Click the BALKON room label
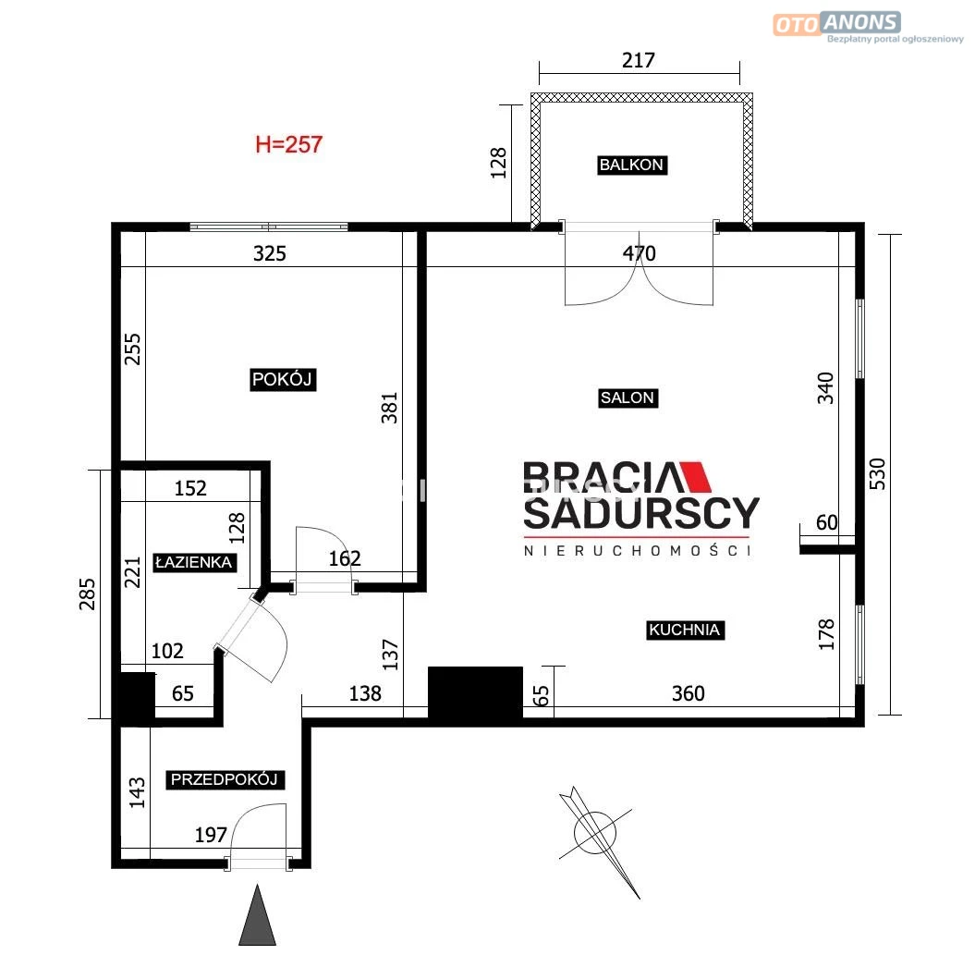(632, 165)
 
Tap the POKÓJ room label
(282, 379)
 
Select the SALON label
(628, 398)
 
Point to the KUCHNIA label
(685, 630)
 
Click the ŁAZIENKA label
(194, 562)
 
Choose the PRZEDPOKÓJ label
(225, 779)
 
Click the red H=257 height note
(288, 145)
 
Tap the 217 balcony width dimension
(639, 61)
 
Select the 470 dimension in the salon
(640, 253)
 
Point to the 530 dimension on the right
(878, 474)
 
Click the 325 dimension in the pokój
(270, 253)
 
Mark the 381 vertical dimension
(389, 408)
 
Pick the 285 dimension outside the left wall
(88, 594)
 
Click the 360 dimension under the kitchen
(688, 693)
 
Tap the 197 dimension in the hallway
(211, 835)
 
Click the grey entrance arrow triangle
(257, 914)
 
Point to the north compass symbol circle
(595, 832)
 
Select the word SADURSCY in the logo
(641, 513)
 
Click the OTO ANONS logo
(836, 24)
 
